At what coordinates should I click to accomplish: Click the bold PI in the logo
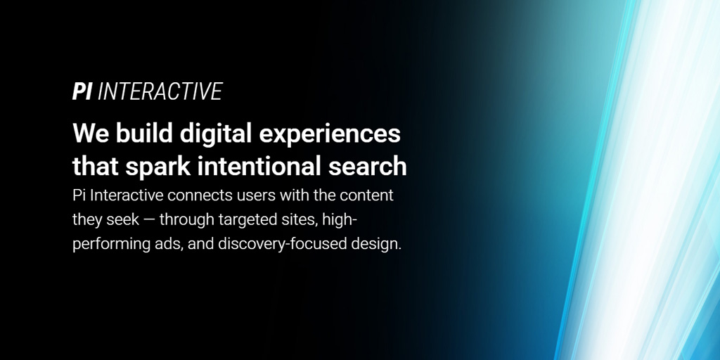coord(82,91)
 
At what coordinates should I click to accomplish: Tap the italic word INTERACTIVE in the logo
coord(160,91)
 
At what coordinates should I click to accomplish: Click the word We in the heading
coord(91,133)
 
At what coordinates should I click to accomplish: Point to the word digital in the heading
coord(216,135)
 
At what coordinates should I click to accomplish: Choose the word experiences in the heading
coord(330,135)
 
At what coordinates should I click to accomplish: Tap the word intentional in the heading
coord(259,166)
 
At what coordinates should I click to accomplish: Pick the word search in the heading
coord(367,166)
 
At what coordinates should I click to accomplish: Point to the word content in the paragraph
coord(366,195)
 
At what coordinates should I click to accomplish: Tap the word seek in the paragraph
coord(122,219)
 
